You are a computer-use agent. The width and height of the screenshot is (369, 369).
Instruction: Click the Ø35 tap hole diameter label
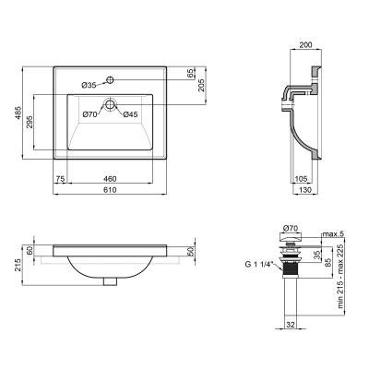[89, 84]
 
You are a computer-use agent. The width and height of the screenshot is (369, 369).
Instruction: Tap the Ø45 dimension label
[130, 114]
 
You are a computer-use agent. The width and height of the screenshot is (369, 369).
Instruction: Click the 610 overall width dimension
[109, 189]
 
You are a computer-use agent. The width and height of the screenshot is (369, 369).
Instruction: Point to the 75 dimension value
[60, 176]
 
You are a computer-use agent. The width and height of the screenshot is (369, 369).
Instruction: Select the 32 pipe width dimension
[289, 324]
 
